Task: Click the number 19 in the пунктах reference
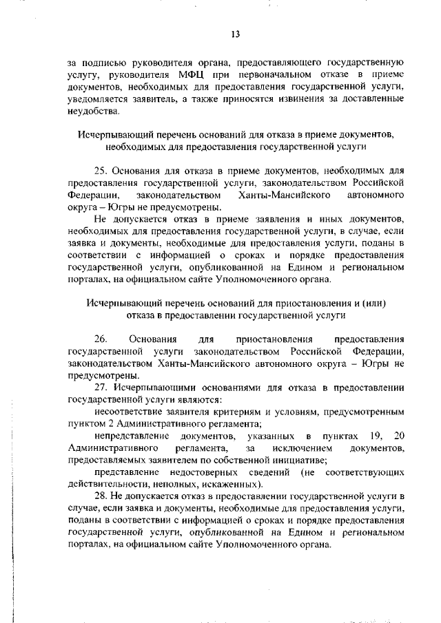[x=371, y=436]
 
